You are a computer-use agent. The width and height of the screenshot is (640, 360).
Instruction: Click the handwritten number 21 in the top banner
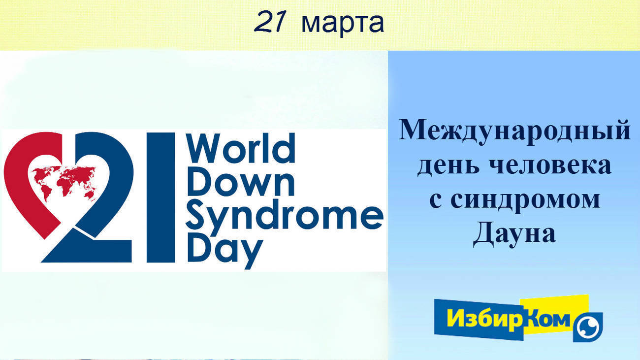coord(270,21)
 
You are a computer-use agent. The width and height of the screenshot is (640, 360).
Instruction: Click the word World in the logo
coord(241,148)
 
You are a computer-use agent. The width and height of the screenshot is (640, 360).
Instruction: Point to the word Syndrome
coord(285,218)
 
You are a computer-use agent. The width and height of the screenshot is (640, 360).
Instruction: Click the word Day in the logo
coord(225,252)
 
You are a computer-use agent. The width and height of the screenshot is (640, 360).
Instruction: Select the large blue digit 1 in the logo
coord(160,197)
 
